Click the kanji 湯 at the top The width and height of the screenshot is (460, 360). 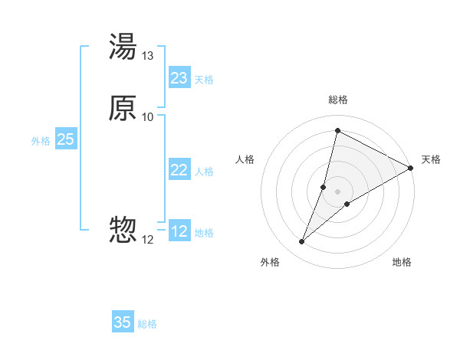tap(123, 47)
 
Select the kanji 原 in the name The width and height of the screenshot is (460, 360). tap(123, 108)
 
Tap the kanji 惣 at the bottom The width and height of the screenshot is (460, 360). tap(123, 229)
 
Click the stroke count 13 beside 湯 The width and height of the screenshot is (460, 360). tap(148, 56)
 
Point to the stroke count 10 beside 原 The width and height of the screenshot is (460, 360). tap(148, 116)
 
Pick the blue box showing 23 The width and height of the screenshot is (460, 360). tap(179, 78)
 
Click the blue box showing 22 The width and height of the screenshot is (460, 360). tap(179, 170)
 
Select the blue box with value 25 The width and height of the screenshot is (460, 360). tap(66, 139)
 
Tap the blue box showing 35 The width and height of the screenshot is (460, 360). tap(123, 322)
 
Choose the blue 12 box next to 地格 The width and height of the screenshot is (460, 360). tap(179, 231)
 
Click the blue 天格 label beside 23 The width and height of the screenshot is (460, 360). tap(204, 80)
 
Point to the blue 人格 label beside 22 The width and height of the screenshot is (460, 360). tap(204, 172)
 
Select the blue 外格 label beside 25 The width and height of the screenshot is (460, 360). tap(41, 141)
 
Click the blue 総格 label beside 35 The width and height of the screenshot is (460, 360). tap(147, 324)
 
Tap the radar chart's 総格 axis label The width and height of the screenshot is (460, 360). tap(338, 100)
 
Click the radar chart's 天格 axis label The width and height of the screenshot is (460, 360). tap(431, 159)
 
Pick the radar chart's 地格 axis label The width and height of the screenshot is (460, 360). tap(402, 262)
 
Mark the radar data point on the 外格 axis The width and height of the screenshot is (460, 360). tap(302, 242)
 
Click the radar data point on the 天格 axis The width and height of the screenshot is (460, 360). tap(411, 169)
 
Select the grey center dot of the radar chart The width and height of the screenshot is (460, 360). tap(338, 191)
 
